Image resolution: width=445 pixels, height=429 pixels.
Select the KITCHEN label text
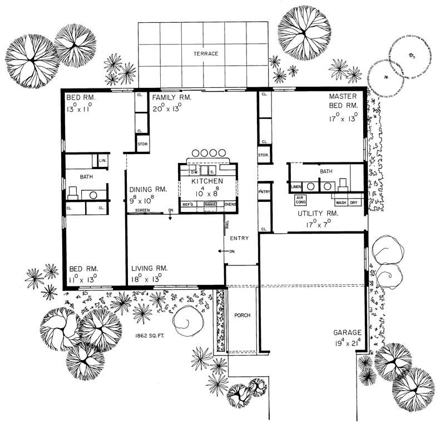[x=207, y=181]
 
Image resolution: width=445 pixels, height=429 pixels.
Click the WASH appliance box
[x=340, y=203]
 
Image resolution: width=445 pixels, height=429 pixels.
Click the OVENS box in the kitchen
[x=230, y=204]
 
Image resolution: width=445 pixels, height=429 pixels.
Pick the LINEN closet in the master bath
[x=295, y=186]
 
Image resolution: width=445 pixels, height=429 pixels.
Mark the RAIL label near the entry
[x=227, y=225]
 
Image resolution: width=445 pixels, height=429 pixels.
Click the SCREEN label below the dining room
[x=142, y=210]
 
